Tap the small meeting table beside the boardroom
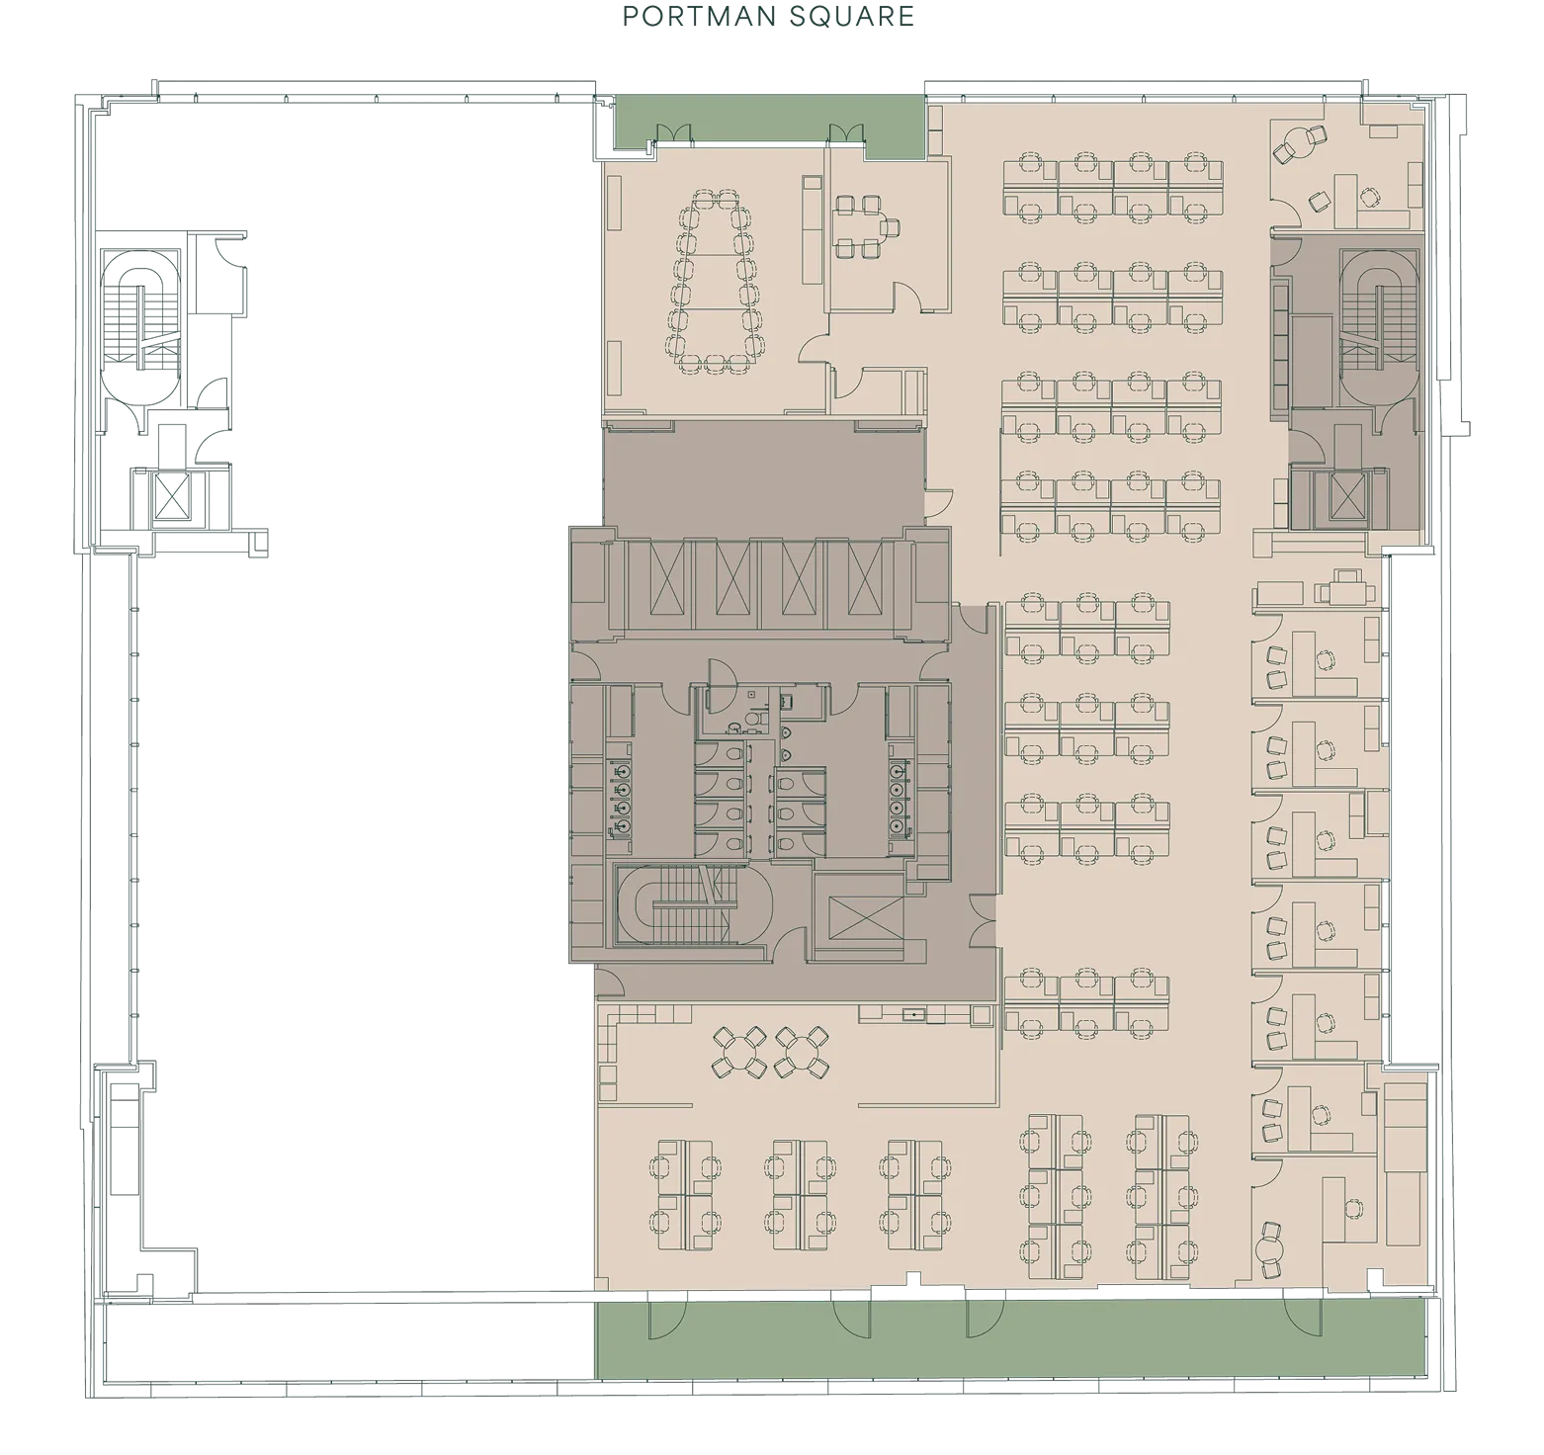(x=857, y=226)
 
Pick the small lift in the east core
(x=1346, y=495)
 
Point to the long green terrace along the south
(x=1009, y=1339)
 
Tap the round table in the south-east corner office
(x=1270, y=1249)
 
